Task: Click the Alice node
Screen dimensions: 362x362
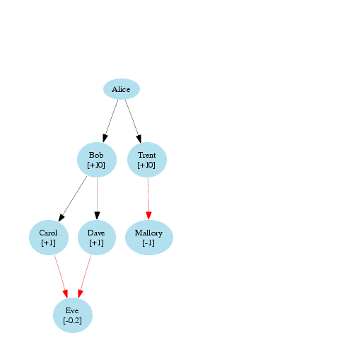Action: click(x=122, y=89)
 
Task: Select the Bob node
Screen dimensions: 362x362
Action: click(x=97, y=160)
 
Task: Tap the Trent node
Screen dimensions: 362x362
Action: click(x=147, y=160)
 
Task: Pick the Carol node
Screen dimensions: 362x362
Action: click(x=49, y=238)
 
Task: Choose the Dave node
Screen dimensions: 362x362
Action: click(x=97, y=238)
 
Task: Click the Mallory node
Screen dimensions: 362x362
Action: click(x=149, y=238)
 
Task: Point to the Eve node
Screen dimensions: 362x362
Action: click(x=73, y=315)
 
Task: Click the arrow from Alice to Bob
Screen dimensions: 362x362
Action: click(x=110, y=121)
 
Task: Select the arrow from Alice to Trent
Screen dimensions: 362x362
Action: click(x=133, y=121)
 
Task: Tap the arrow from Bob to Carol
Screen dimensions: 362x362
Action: click(x=73, y=199)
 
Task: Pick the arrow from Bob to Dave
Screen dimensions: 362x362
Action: click(x=97, y=199)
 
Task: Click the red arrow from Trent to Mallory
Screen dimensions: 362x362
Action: click(x=148, y=199)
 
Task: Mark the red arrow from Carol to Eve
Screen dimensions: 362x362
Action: click(x=61, y=276)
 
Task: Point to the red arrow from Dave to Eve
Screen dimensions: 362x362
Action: click(x=84, y=276)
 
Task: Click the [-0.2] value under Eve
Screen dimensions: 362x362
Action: click(x=72, y=320)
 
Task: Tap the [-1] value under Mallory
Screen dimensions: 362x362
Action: click(x=148, y=243)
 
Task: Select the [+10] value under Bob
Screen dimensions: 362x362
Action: click(x=96, y=165)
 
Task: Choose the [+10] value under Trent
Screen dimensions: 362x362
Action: click(x=146, y=165)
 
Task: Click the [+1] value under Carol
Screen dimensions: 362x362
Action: click(x=48, y=243)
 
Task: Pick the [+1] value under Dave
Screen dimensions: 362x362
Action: click(x=96, y=243)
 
